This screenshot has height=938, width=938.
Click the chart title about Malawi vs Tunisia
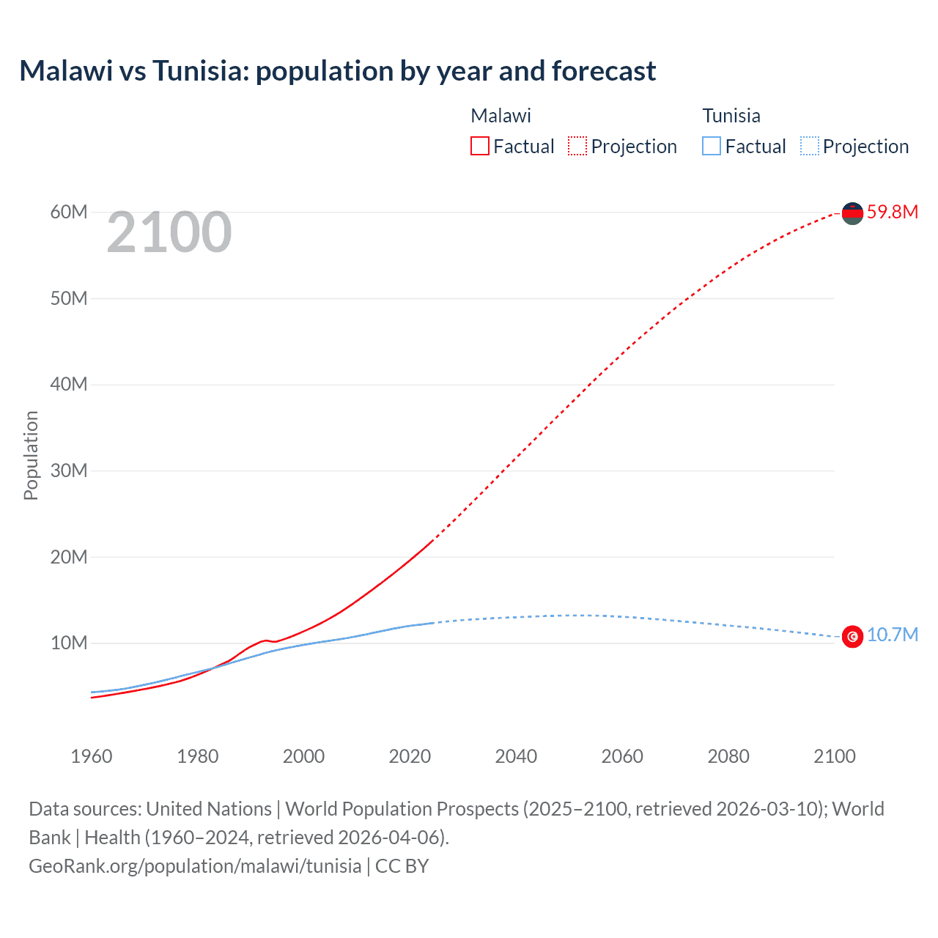(337, 71)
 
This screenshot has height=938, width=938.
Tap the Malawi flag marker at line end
(852, 213)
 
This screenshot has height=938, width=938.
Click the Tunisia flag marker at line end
(852, 636)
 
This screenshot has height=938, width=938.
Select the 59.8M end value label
(892, 213)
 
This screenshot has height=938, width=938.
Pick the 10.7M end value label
(892, 635)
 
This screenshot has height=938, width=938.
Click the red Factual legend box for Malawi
(480, 147)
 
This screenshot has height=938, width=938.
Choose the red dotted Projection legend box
(577, 147)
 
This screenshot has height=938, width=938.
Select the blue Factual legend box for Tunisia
(712, 147)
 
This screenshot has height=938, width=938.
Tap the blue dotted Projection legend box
(810, 147)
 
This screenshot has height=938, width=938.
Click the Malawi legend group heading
(501, 116)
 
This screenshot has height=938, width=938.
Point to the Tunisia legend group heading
(731, 116)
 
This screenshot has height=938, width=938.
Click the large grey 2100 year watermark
(169, 233)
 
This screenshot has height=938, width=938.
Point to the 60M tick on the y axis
(69, 213)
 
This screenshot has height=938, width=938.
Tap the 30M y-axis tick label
(69, 470)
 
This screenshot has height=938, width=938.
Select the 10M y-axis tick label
(69, 643)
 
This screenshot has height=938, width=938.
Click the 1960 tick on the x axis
(92, 756)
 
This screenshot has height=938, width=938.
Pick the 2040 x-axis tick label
(516, 756)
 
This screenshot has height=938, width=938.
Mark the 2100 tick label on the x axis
(834, 756)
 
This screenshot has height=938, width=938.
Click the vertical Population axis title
(31, 455)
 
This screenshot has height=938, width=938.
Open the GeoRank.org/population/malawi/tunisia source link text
(195, 866)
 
